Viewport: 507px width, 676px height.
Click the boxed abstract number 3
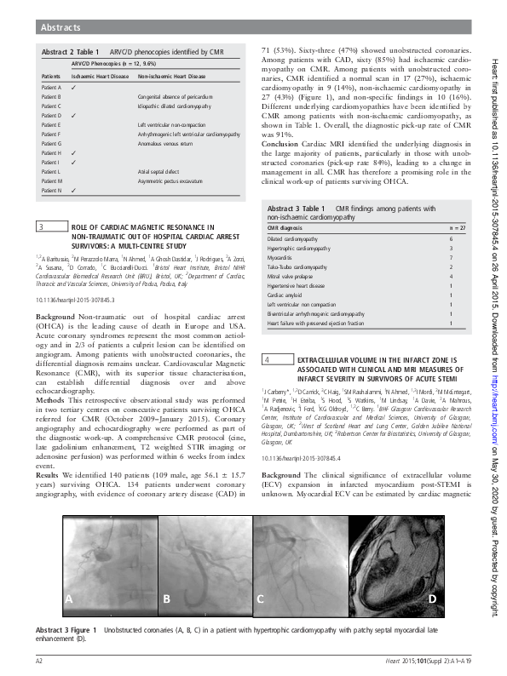(43, 226)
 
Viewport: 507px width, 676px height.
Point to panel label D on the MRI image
(433, 599)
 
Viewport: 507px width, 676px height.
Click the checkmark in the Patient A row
(75, 88)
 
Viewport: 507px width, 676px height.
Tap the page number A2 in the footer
(39, 660)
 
